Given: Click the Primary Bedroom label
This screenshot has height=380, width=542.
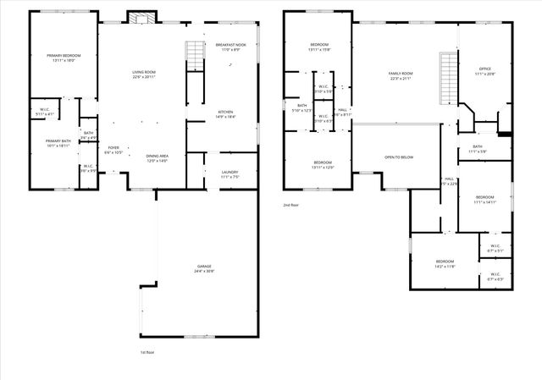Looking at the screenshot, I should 63,56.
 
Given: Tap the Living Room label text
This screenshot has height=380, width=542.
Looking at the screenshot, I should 143,73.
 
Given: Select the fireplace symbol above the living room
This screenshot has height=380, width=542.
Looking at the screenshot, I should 139,18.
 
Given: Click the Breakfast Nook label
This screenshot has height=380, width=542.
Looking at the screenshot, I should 230,46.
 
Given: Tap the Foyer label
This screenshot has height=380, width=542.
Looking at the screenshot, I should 113,148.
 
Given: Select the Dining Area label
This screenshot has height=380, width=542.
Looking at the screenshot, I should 158,156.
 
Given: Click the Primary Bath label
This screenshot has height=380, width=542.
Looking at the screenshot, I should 58,142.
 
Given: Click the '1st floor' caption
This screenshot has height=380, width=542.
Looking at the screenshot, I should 148,352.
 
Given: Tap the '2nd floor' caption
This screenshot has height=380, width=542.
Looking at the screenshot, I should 291,205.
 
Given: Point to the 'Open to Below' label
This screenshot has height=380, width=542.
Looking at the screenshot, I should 398,157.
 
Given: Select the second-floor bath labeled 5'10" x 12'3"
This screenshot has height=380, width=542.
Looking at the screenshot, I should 301,107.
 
